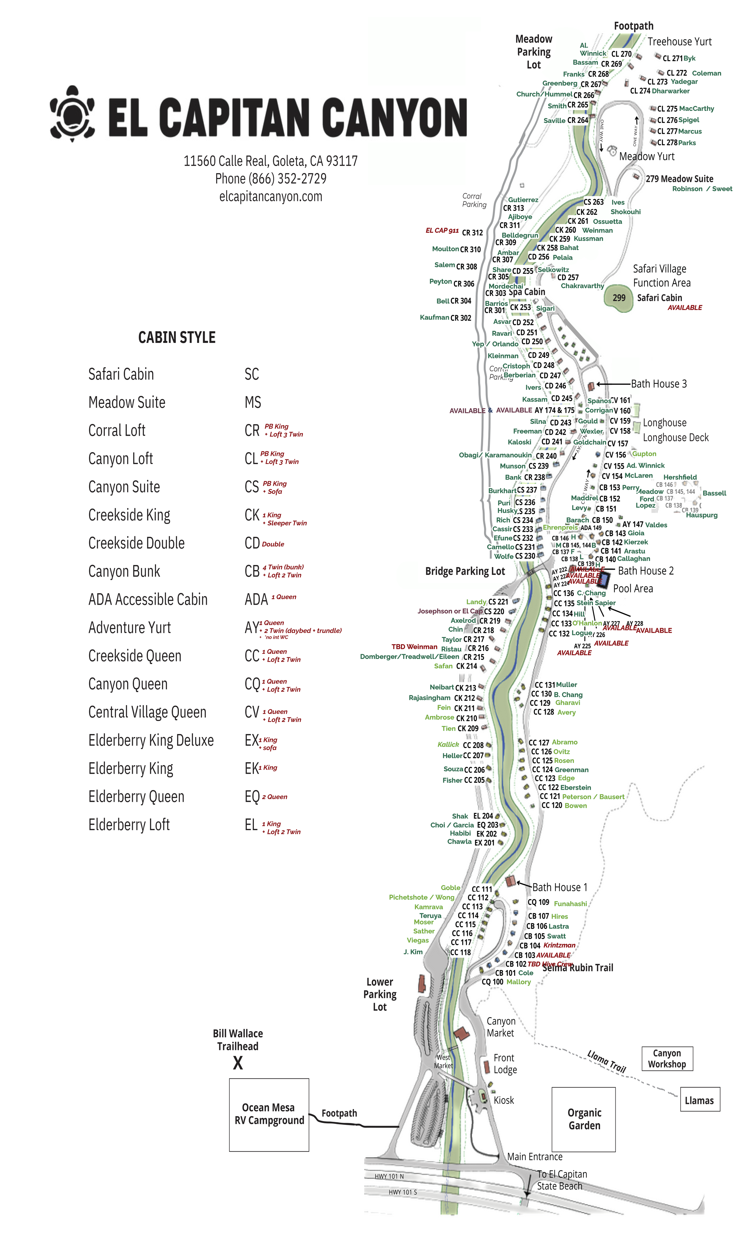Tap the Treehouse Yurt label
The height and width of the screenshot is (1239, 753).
pos(679,42)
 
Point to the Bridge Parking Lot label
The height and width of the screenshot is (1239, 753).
pos(464,571)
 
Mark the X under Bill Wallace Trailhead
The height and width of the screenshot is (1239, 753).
pos(238,1063)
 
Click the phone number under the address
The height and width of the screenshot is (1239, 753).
pos(270,179)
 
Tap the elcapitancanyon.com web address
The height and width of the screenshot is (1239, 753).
pos(270,197)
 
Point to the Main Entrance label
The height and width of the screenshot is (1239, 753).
pos(534,1156)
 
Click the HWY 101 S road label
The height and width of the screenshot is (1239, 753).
pos(403,1192)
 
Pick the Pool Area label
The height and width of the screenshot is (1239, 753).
pos(633,589)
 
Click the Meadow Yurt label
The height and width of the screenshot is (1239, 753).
pos(646,156)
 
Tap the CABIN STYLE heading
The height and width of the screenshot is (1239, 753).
pos(177,337)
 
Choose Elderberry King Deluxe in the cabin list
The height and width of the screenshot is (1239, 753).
pos(151,741)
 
